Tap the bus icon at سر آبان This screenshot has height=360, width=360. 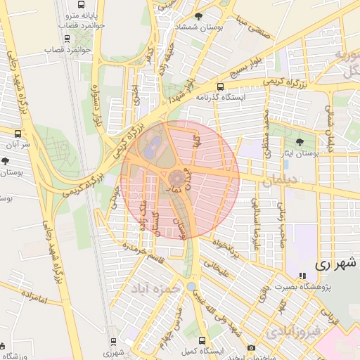coord(18,133)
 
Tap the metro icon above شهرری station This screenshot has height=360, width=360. coord(113,341)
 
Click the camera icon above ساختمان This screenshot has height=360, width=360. coord(251,348)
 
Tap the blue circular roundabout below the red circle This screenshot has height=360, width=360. coord(190,287)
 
